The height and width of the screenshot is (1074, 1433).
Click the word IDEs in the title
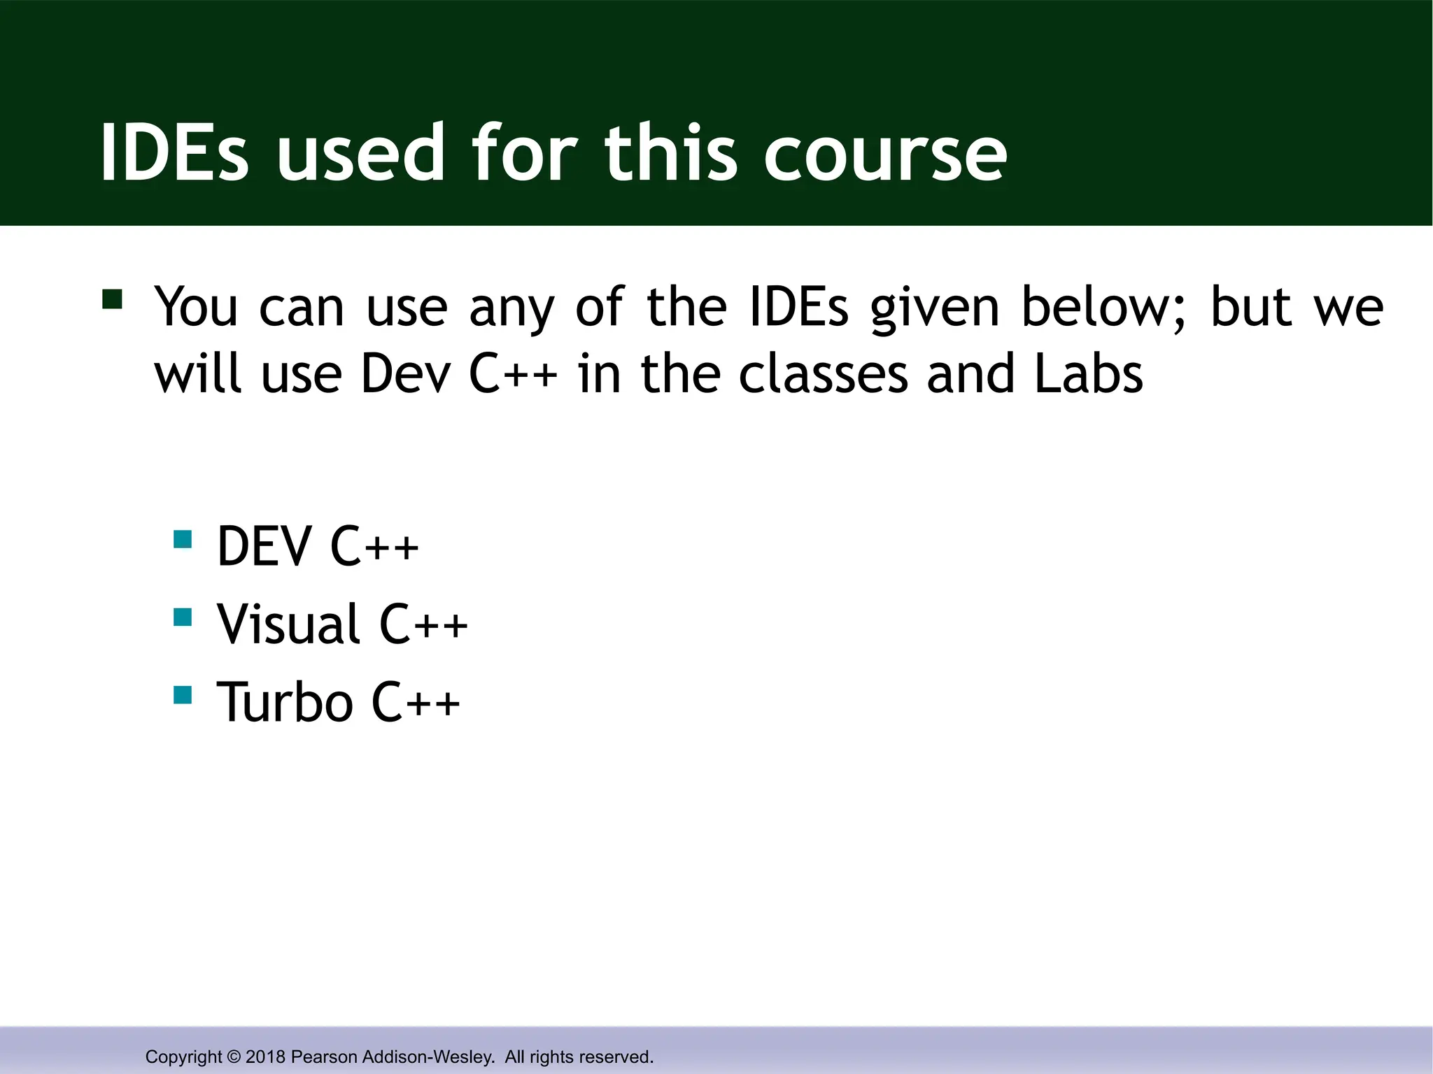click(174, 152)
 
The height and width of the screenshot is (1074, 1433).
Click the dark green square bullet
click(112, 299)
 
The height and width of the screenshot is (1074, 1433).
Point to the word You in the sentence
click(196, 308)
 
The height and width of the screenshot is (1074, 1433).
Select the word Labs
click(1088, 374)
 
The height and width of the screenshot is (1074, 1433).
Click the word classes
click(824, 374)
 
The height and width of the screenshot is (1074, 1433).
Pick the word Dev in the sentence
click(407, 374)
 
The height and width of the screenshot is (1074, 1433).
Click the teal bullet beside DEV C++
click(183, 539)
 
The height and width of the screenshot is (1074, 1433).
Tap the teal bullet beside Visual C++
click(183, 617)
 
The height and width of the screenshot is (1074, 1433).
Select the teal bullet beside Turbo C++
click(183, 694)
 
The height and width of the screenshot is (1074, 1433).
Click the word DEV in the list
click(264, 547)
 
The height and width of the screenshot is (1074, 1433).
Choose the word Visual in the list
click(288, 624)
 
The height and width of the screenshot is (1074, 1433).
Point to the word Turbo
click(285, 702)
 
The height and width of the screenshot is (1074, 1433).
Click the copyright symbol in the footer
click(234, 1057)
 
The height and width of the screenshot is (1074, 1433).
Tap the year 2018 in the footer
click(266, 1057)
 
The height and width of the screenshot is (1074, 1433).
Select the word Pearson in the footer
click(323, 1057)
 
